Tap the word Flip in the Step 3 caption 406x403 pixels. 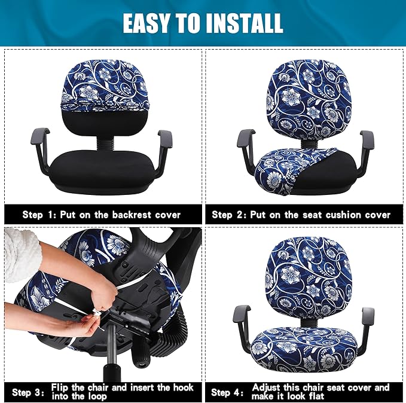62,387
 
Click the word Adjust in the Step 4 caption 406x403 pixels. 267,387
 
